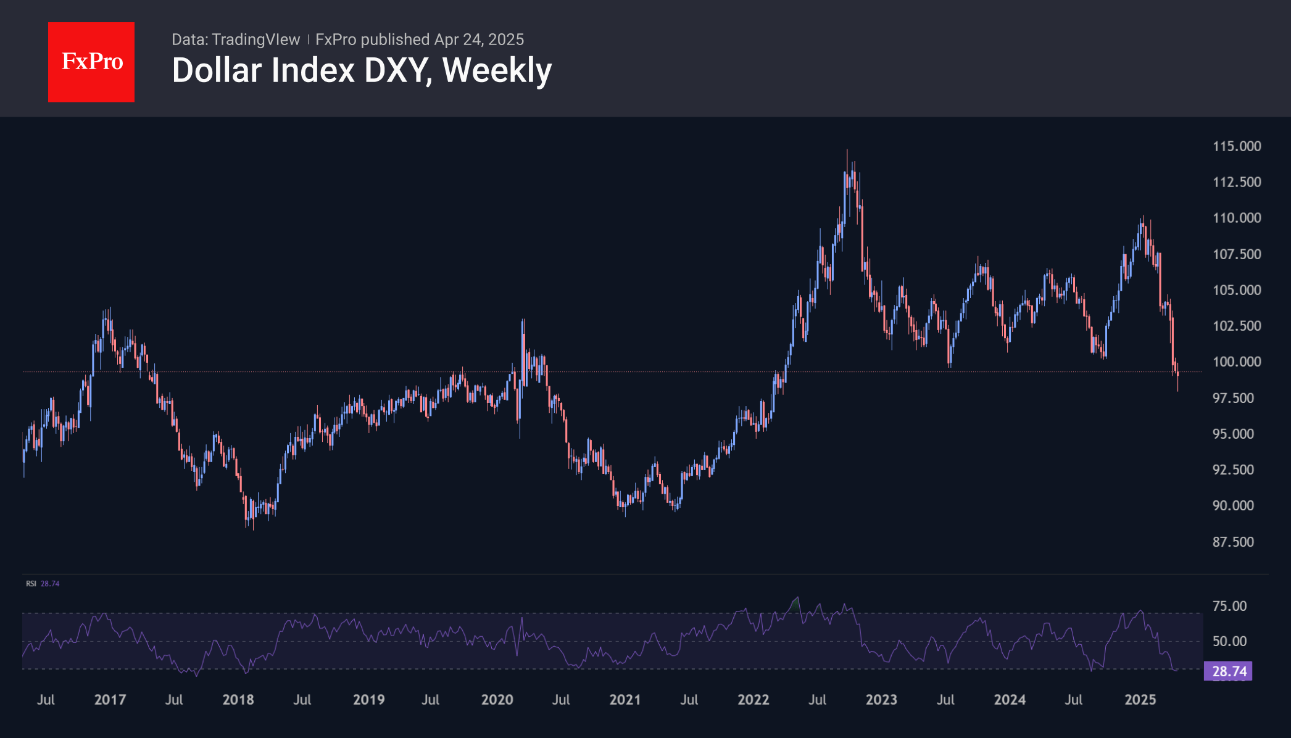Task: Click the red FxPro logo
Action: point(91,62)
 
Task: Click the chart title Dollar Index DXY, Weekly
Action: point(362,70)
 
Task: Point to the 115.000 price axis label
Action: point(1237,146)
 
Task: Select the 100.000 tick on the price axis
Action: point(1237,362)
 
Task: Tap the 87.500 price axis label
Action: point(1233,542)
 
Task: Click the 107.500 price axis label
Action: point(1237,254)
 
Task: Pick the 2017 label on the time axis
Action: point(110,700)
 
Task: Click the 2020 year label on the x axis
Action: point(497,700)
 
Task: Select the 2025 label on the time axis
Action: point(1140,700)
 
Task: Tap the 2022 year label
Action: point(753,700)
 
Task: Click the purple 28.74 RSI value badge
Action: point(1228,671)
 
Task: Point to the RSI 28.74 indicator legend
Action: point(43,584)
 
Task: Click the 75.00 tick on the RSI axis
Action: point(1229,606)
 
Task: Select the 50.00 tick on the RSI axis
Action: point(1229,641)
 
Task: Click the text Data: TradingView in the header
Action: point(235,39)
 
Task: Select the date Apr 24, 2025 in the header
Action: point(479,39)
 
